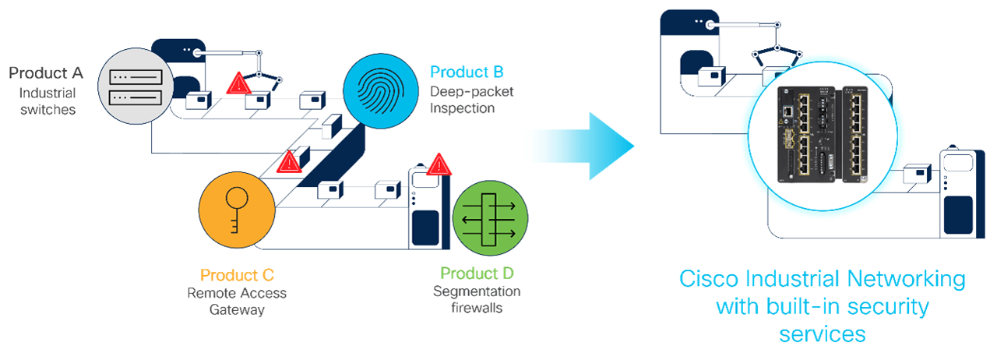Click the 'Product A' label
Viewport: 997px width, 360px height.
tap(46, 73)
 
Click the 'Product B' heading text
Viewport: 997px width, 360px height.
tap(467, 72)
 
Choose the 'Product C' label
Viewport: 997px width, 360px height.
tap(237, 275)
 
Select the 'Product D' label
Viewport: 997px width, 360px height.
tap(477, 274)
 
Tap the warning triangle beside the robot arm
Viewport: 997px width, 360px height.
tap(238, 84)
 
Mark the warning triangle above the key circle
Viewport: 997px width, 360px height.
tap(289, 161)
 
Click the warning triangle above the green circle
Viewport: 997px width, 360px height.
tap(439, 164)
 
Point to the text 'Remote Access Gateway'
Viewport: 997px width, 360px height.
tap(237, 302)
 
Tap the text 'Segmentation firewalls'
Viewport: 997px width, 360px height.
tap(477, 299)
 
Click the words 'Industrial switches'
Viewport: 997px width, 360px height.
tap(48, 101)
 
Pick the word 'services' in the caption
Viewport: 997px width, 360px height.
tap(823, 334)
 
